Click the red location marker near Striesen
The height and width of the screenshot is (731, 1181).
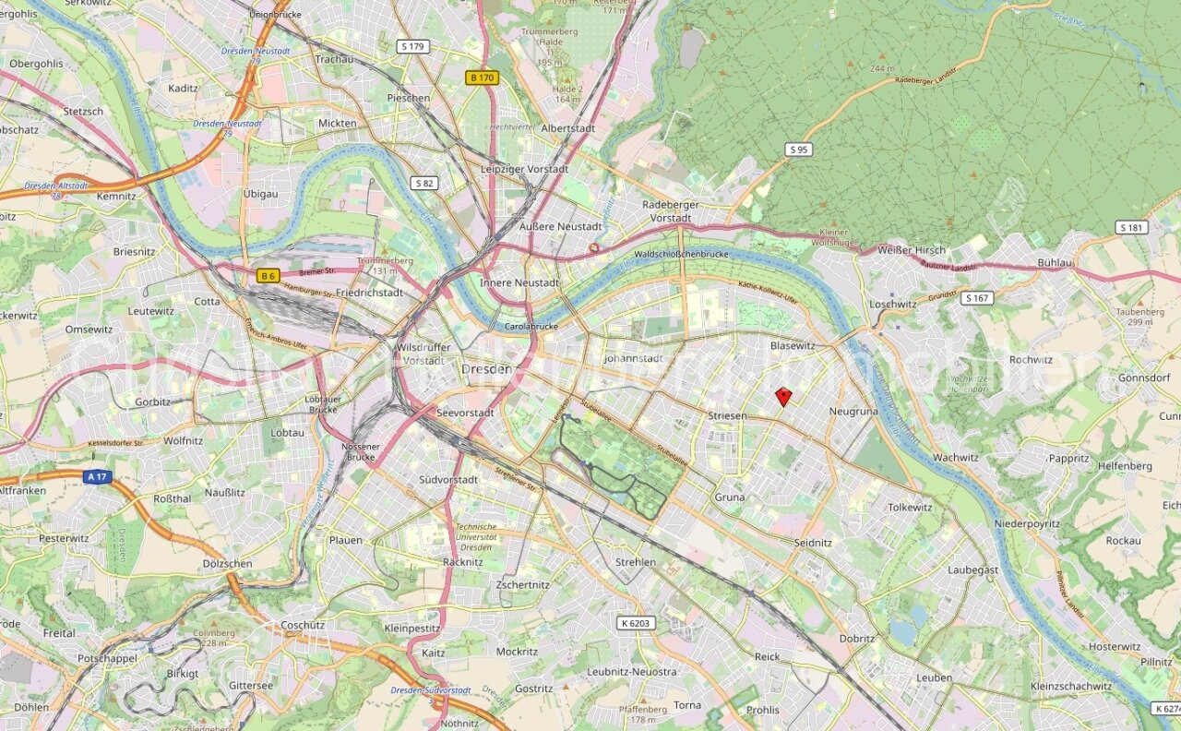click(x=783, y=397)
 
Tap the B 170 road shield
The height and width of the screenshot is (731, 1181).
click(x=482, y=78)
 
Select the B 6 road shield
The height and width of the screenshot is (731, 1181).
click(x=268, y=275)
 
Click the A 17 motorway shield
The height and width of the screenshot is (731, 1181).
click(x=95, y=477)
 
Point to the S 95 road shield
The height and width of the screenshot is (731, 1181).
click(x=798, y=150)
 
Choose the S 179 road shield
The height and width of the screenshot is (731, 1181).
click(x=412, y=46)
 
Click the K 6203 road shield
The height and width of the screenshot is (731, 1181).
click(x=636, y=623)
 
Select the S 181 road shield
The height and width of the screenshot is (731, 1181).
click(x=1131, y=227)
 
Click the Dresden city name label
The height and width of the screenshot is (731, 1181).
click(x=485, y=368)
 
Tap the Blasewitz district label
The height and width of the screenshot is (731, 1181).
click(x=793, y=345)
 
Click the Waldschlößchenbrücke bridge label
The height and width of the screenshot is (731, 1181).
click(x=682, y=254)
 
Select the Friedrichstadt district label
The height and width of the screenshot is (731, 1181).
click(x=369, y=293)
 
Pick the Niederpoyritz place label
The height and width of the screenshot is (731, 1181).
click(x=1027, y=523)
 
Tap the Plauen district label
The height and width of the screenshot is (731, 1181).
click(x=346, y=539)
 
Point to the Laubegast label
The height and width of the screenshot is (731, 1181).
click(x=972, y=569)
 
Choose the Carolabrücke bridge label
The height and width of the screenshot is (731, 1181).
click(x=533, y=327)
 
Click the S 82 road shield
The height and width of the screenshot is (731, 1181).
click(x=424, y=183)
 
